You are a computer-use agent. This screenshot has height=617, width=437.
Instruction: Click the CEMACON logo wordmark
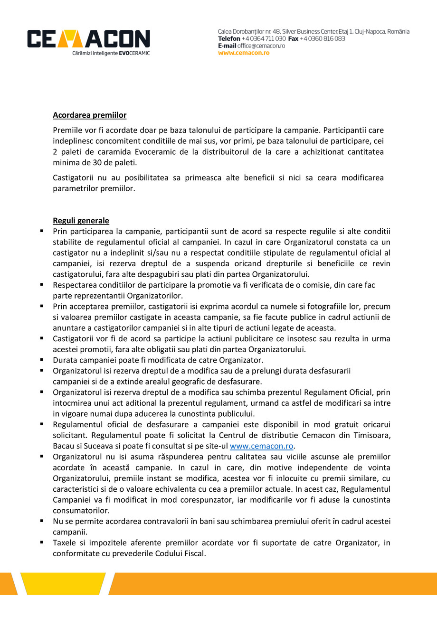(88, 39)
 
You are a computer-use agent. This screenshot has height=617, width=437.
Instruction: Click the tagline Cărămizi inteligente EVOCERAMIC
(111, 53)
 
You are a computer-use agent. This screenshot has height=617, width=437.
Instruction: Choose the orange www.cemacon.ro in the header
(244, 53)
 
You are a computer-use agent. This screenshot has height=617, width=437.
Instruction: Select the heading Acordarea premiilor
(89, 115)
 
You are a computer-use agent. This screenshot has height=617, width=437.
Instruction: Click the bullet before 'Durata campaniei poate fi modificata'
(41, 360)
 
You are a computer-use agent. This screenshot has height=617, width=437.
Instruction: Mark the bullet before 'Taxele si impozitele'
(41, 542)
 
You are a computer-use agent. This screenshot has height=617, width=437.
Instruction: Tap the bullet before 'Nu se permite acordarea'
(41, 521)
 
